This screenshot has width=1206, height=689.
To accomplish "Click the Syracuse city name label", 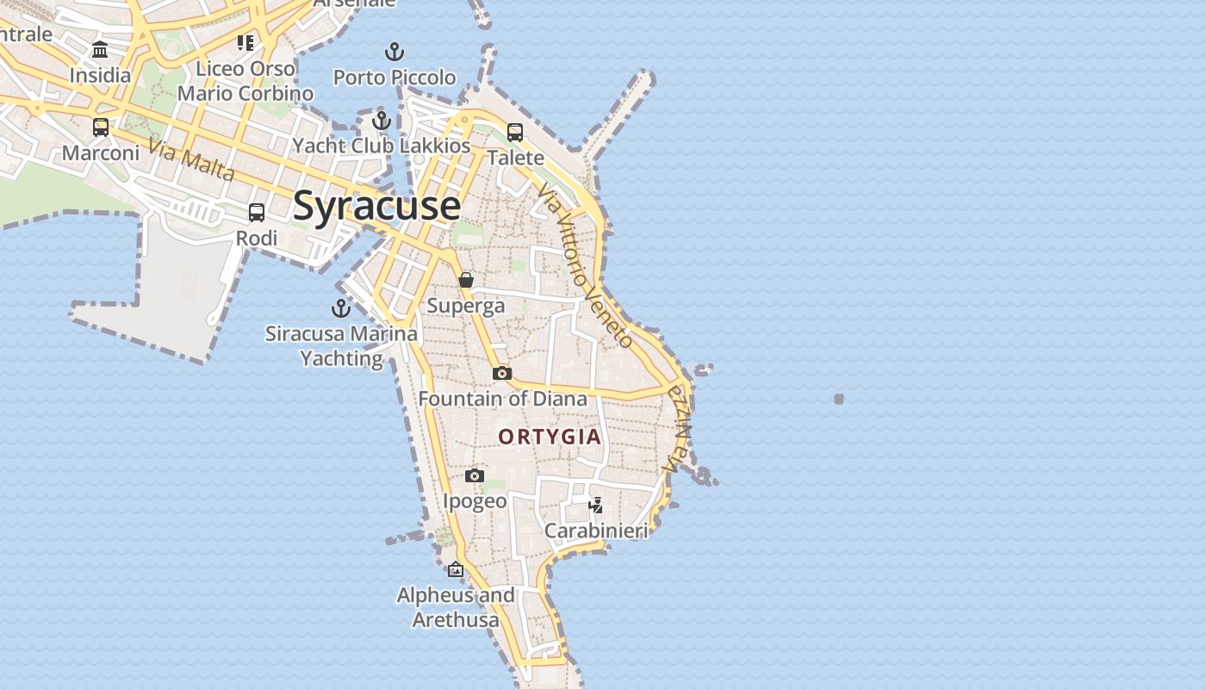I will coord(377,206).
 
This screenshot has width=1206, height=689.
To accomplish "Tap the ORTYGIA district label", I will coord(550,437).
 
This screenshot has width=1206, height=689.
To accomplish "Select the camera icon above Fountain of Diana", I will coord(502,373).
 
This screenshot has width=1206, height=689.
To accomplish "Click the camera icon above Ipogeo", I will coord(474,475).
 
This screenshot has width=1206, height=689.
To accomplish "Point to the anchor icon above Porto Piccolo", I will coord(395,52).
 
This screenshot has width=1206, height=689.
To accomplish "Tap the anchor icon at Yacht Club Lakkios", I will coord(382,120).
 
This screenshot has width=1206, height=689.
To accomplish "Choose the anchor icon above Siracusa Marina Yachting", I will coord(341,307).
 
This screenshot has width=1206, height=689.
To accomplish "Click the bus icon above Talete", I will coord(515,132).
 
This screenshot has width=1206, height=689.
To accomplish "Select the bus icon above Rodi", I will coord(257,212).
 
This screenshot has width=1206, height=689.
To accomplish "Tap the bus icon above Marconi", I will coord(101,127).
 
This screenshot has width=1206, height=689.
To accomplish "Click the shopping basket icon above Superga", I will coord(466,280).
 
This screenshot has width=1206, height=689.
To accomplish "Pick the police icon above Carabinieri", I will coord(595,505).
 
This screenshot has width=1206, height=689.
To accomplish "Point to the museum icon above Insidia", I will coord(100,49).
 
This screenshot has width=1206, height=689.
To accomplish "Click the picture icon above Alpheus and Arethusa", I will coord(456,569).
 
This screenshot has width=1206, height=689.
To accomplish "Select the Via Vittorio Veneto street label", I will coord(586,264).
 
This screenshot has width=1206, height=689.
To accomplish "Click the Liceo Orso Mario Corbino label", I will coord(246,80).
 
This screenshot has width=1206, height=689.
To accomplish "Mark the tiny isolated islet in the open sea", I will coord(839,399).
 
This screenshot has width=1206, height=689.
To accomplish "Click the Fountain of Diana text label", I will coord(502,399).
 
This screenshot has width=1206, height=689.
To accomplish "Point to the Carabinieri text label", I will coord(595,531).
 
